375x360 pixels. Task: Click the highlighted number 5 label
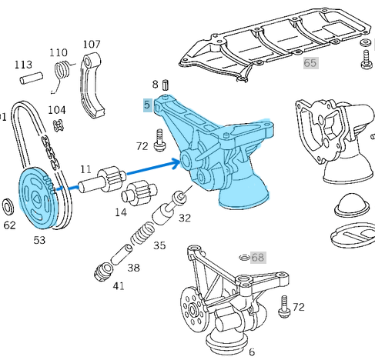click(x=146, y=105)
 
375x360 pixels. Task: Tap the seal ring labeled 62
click(x=9, y=207)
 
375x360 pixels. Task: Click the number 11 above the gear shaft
click(x=85, y=169)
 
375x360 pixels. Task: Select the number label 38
click(x=133, y=268)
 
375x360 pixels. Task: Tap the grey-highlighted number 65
click(x=310, y=62)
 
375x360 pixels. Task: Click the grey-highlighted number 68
click(x=257, y=257)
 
